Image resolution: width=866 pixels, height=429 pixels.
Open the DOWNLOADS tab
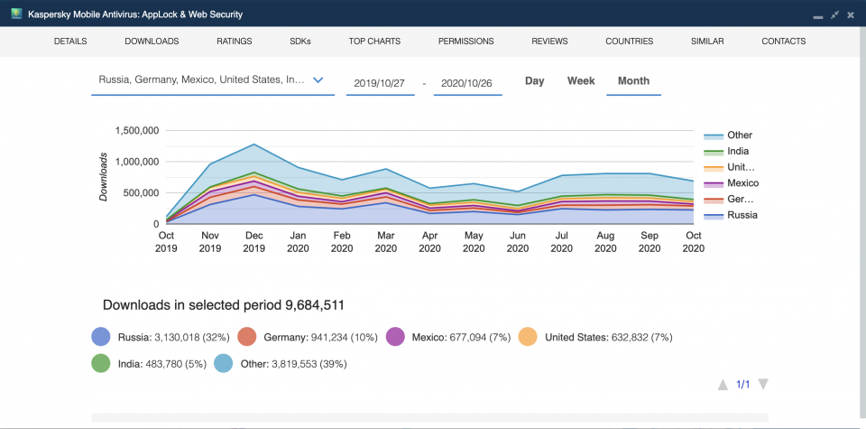(152, 42)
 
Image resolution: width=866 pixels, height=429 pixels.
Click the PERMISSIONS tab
(465, 42)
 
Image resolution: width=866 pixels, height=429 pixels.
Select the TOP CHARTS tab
(374, 42)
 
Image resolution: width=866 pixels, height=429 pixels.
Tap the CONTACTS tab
(783, 42)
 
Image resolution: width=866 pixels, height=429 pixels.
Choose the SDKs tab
(300, 42)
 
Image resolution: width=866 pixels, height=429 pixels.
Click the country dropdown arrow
(318, 80)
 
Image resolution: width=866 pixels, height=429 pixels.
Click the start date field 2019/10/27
(380, 82)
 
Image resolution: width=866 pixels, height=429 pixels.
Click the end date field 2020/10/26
(467, 82)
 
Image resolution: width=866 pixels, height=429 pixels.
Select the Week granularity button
(581, 81)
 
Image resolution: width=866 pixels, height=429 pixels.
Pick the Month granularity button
(633, 81)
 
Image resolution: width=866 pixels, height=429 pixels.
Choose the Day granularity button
(535, 81)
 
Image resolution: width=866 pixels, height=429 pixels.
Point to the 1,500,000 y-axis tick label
(138, 131)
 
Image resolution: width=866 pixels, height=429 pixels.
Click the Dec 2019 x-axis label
(254, 241)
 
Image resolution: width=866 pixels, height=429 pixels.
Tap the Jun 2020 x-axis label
(517, 241)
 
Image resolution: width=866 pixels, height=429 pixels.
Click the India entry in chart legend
(737, 152)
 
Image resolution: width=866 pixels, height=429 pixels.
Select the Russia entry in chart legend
(742, 215)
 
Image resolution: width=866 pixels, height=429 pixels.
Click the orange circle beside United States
(527, 338)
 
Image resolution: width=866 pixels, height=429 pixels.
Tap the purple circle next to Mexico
(396, 338)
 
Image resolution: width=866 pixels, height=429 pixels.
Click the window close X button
(852, 14)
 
